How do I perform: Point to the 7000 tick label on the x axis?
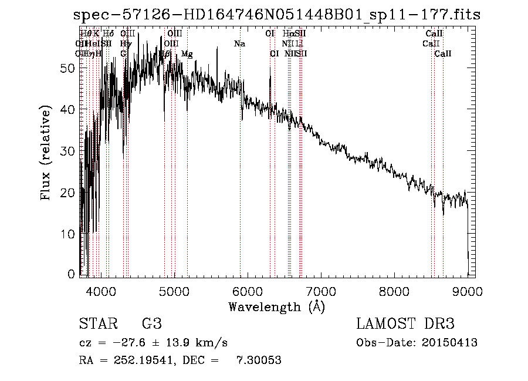(x=320, y=291)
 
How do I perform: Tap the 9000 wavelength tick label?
(x=467, y=291)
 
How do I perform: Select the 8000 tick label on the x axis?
(x=394, y=291)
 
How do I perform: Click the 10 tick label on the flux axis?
(x=69, y=234)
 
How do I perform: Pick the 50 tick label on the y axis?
(x=69, y=68)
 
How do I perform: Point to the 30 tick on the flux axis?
(x=69, y=151)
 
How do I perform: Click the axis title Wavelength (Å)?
(x=276, y=306)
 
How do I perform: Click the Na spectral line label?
(x=239, y=44)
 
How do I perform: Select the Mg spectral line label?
(x=187, y=54)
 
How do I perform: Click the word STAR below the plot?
(x=97, y=325)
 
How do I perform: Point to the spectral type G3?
(x=152, y=325)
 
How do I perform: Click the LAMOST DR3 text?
(x=405, y=325)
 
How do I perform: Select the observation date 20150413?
(x=448, y=343)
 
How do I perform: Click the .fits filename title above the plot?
(x=277, y=15)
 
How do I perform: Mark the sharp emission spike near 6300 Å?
(x=270, y=69)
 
